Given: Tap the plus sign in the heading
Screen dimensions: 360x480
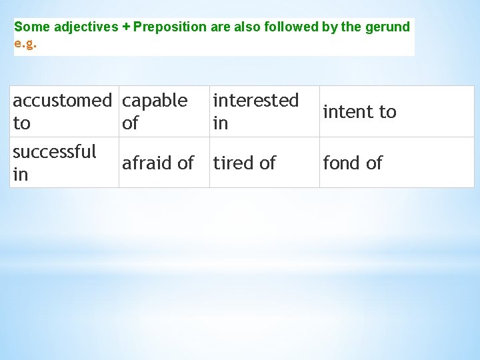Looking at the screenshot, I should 126,27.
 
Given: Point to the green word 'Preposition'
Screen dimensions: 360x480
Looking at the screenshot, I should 170,27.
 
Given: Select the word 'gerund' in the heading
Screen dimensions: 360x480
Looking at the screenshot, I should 390,27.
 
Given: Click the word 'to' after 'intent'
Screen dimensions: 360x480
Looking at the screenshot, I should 387,111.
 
